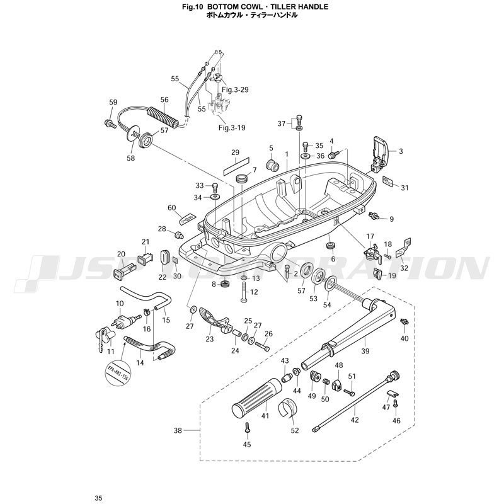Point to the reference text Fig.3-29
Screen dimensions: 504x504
click(x=236, y=89)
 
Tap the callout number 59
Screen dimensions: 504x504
click(x=113, y=102)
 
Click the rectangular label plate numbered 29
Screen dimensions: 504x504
click(x=234, y=165)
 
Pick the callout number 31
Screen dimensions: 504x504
click(x=405, y=188)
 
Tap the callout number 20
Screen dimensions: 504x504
click(x=122, y=255)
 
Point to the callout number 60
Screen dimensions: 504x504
click(x=171, y=208)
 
